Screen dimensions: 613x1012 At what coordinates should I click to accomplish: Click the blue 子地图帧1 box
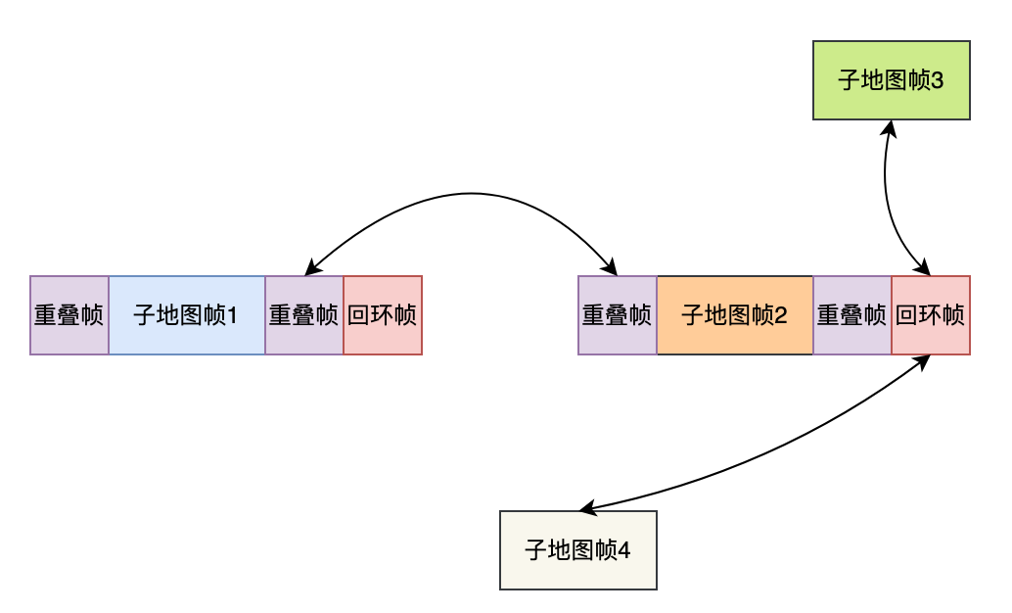pyautogui.click(x=187, y=315)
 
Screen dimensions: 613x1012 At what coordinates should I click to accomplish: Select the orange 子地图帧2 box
pyautogui.click(x=735, y=315)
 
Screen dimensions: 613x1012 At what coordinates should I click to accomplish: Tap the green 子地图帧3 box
pyautogui.click(x=891, y=80)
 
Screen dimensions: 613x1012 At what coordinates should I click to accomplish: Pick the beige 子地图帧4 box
pyautogui.click(x=577, y=550)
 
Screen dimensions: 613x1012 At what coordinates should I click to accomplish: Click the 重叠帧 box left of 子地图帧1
pyautogui.click(x=69, y=315)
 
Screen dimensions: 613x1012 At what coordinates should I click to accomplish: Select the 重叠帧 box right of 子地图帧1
pyautogui.click(x=304, y=315)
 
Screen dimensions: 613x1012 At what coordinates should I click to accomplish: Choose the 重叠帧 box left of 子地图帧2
pyautogui.click(x=618, y=315)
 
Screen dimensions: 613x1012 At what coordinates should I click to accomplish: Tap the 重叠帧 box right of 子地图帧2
pyautogui.click(x=852, y=315)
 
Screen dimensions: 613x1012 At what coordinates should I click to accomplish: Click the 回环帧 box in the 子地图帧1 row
pyautogui.click(x=383, y=315)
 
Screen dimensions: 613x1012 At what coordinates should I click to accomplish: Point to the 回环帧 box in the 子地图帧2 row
pyautogui.click(x=931, y=315)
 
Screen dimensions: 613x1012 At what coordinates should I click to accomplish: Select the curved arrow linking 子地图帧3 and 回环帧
pyautogui.click(x=886, y=196)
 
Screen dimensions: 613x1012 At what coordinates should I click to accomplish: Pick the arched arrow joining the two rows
pyautogui.click(x=460, y=193)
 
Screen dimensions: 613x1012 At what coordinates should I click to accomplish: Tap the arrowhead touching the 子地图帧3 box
pyautogui.click(x=890, y=127)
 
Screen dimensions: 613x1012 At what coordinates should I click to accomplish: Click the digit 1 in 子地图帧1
pyautogui.click(x=233, y=315)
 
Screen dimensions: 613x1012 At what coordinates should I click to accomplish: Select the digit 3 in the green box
pyautogui.click(x=938, y=80)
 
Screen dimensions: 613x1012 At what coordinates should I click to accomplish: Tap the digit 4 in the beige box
pyautogui.click(x=624, y=550)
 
